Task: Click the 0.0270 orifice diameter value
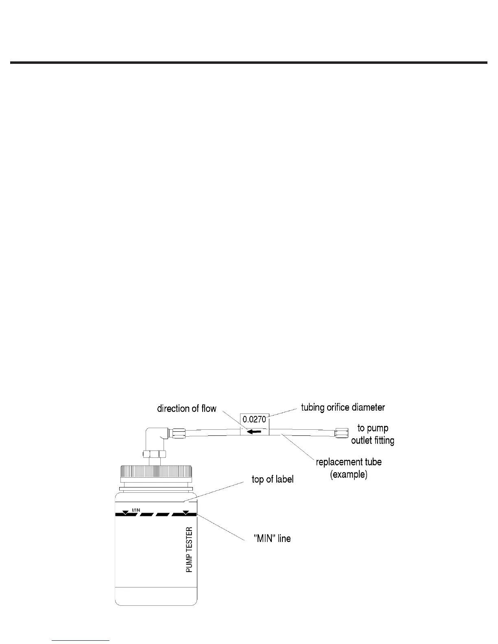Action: point(254,419)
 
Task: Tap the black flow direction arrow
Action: point(254,431)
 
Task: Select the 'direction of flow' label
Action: point(187,409)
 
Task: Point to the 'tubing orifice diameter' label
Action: point(343,407)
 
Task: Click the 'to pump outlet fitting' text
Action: point(373,434)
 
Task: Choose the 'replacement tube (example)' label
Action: point(349,468)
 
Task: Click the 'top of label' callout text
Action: point(273,479)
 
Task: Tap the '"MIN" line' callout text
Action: point(272,539)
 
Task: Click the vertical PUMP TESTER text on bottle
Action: point(189,550)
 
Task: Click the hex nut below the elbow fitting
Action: point(155,453)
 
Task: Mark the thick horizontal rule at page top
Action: point(249,63)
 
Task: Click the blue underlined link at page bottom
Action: point(81,640)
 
